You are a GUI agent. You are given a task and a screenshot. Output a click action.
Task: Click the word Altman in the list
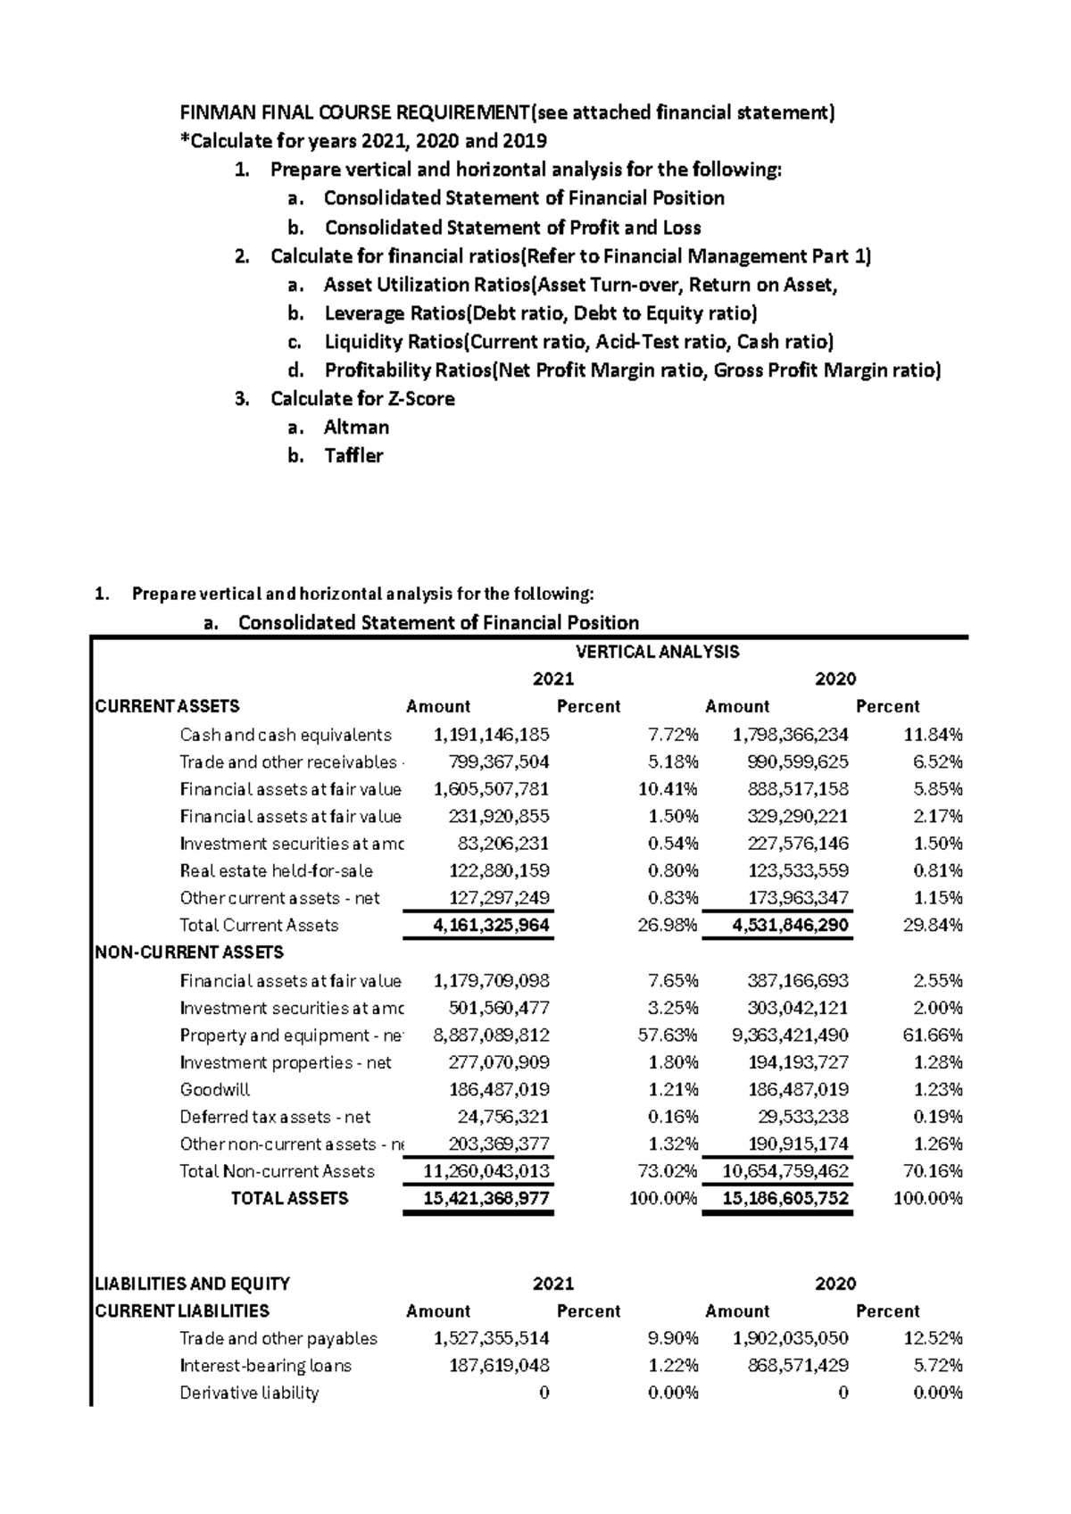pos(355,427)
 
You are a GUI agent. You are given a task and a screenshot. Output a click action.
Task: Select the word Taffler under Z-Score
pos(353,455)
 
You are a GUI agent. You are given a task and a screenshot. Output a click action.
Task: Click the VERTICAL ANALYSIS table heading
pos(658,652)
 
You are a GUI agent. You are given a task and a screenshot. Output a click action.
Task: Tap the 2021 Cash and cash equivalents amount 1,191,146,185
pos(491,735)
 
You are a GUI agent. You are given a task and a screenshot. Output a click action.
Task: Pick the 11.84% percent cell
pos(933,735)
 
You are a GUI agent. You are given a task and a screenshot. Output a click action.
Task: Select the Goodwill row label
pos(214,1089)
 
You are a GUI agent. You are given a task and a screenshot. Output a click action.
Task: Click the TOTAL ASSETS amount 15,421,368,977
pos(486,1198)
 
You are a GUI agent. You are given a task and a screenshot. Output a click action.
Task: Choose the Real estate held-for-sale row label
pos(276,870)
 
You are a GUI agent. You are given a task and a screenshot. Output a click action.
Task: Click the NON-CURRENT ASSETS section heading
pos(189,952)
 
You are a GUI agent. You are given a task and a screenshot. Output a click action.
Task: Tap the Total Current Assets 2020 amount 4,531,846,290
pos(790,925)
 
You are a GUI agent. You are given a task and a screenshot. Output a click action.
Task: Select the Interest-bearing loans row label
pos(265,1365)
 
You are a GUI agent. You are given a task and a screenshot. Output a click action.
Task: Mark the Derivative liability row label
pos(249,1393)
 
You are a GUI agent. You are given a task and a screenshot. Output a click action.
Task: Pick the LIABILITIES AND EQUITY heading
pos(192,1284)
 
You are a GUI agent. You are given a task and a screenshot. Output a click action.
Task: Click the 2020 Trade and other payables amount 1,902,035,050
pos(790,1338)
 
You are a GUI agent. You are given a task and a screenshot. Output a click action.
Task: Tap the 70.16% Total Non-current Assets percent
pos(933,1171)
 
